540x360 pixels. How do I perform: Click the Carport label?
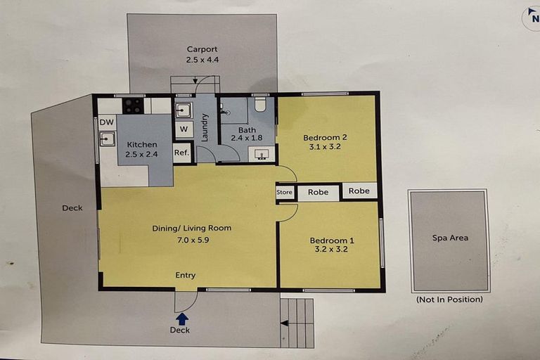click(x=202, y=49)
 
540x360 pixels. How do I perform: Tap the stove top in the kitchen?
click(x=134, y=106)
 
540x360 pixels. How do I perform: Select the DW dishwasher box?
click(x=107, y=122)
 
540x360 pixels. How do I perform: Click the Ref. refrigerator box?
click(x=181, y=153)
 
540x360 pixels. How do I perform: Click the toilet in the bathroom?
click(x=259, y=105)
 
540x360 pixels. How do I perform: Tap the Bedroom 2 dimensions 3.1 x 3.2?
click(x=325, y=148)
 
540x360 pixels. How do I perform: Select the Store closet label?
click(x=285, y=192)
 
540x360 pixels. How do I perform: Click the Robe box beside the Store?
click(x=319, y=192)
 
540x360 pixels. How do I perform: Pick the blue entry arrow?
click(x=182, y=319)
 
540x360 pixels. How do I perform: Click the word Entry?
click(x=185, y=276)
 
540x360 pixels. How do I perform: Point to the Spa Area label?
click(x=450, y=238)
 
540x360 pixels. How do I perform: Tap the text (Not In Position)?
click(x=449, y=300)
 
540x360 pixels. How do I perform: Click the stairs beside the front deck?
click(x=297, y=323)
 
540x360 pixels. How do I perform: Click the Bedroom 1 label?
click(x=332, y=240)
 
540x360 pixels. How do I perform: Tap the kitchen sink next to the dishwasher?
click(x=108, y=140)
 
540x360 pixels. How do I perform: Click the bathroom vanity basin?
click(x=262, y=155)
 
